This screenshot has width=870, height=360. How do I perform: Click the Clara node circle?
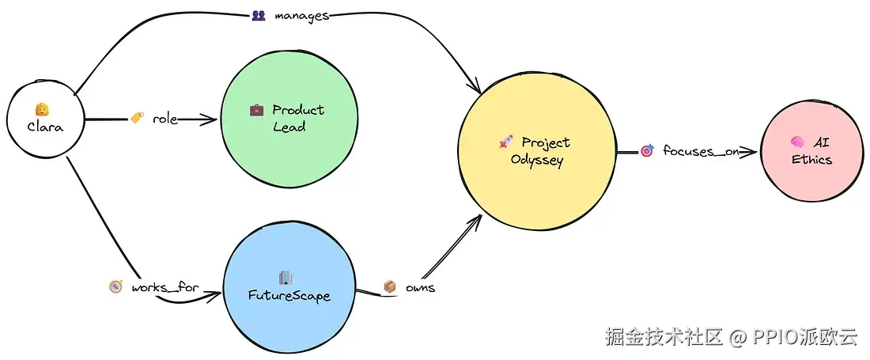pyautogui.click(x=45, y=119)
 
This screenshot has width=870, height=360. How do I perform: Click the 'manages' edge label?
pyautogui.click(x=301, y=16)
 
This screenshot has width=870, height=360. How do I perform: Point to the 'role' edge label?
pyautogui.click(x=165, y=119)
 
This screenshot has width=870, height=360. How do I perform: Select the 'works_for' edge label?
pyautogui.click(x=165, y=286)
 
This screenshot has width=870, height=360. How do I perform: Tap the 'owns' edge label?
pyautogui.click(x=420, y=287)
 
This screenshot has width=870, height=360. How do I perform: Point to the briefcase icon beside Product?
pyautogui.click(x=256, y=110)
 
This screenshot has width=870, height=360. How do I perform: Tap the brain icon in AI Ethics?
pyautogui.click(x=797, y=142)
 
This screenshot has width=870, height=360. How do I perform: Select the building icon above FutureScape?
pyautogui.click(x=286, y=278)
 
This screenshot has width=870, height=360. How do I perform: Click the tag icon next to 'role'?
pyautogui.click(x=137, y=119)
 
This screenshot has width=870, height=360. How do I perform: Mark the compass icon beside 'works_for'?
pyautogui.click(x=115, y=286)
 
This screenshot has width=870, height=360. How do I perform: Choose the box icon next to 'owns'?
pyautogui.click(x=389, y=287)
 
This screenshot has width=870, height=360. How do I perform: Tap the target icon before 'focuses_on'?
pyautogui.click(x=646, y=150)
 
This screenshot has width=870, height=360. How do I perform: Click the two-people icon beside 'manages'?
pyautogui.click(x=258, y=15)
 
